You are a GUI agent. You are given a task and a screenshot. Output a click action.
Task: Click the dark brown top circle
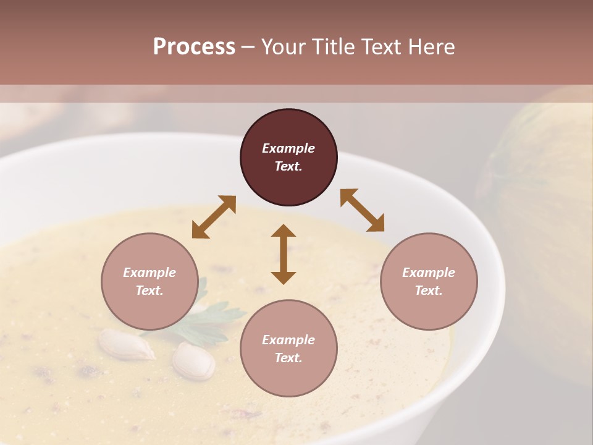288,158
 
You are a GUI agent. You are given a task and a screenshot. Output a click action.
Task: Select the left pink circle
149,281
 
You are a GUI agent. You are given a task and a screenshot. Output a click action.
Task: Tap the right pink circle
429,281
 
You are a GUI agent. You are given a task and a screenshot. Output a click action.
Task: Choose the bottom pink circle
288,349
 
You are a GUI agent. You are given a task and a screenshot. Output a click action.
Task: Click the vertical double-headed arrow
284,254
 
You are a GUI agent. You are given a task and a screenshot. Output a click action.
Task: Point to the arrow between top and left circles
214,217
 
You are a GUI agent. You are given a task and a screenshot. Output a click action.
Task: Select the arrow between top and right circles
363,210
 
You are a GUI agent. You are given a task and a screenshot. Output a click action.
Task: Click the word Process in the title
194,47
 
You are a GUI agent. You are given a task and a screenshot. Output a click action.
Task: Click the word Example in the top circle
288,148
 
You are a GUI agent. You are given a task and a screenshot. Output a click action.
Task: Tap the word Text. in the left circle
149,290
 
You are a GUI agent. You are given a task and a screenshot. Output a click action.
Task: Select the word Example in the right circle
429,273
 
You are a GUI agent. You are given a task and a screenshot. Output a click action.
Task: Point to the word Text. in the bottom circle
288,358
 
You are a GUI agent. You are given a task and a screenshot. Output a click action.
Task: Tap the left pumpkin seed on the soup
127,344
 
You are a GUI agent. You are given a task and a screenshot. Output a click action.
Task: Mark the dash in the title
248,47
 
